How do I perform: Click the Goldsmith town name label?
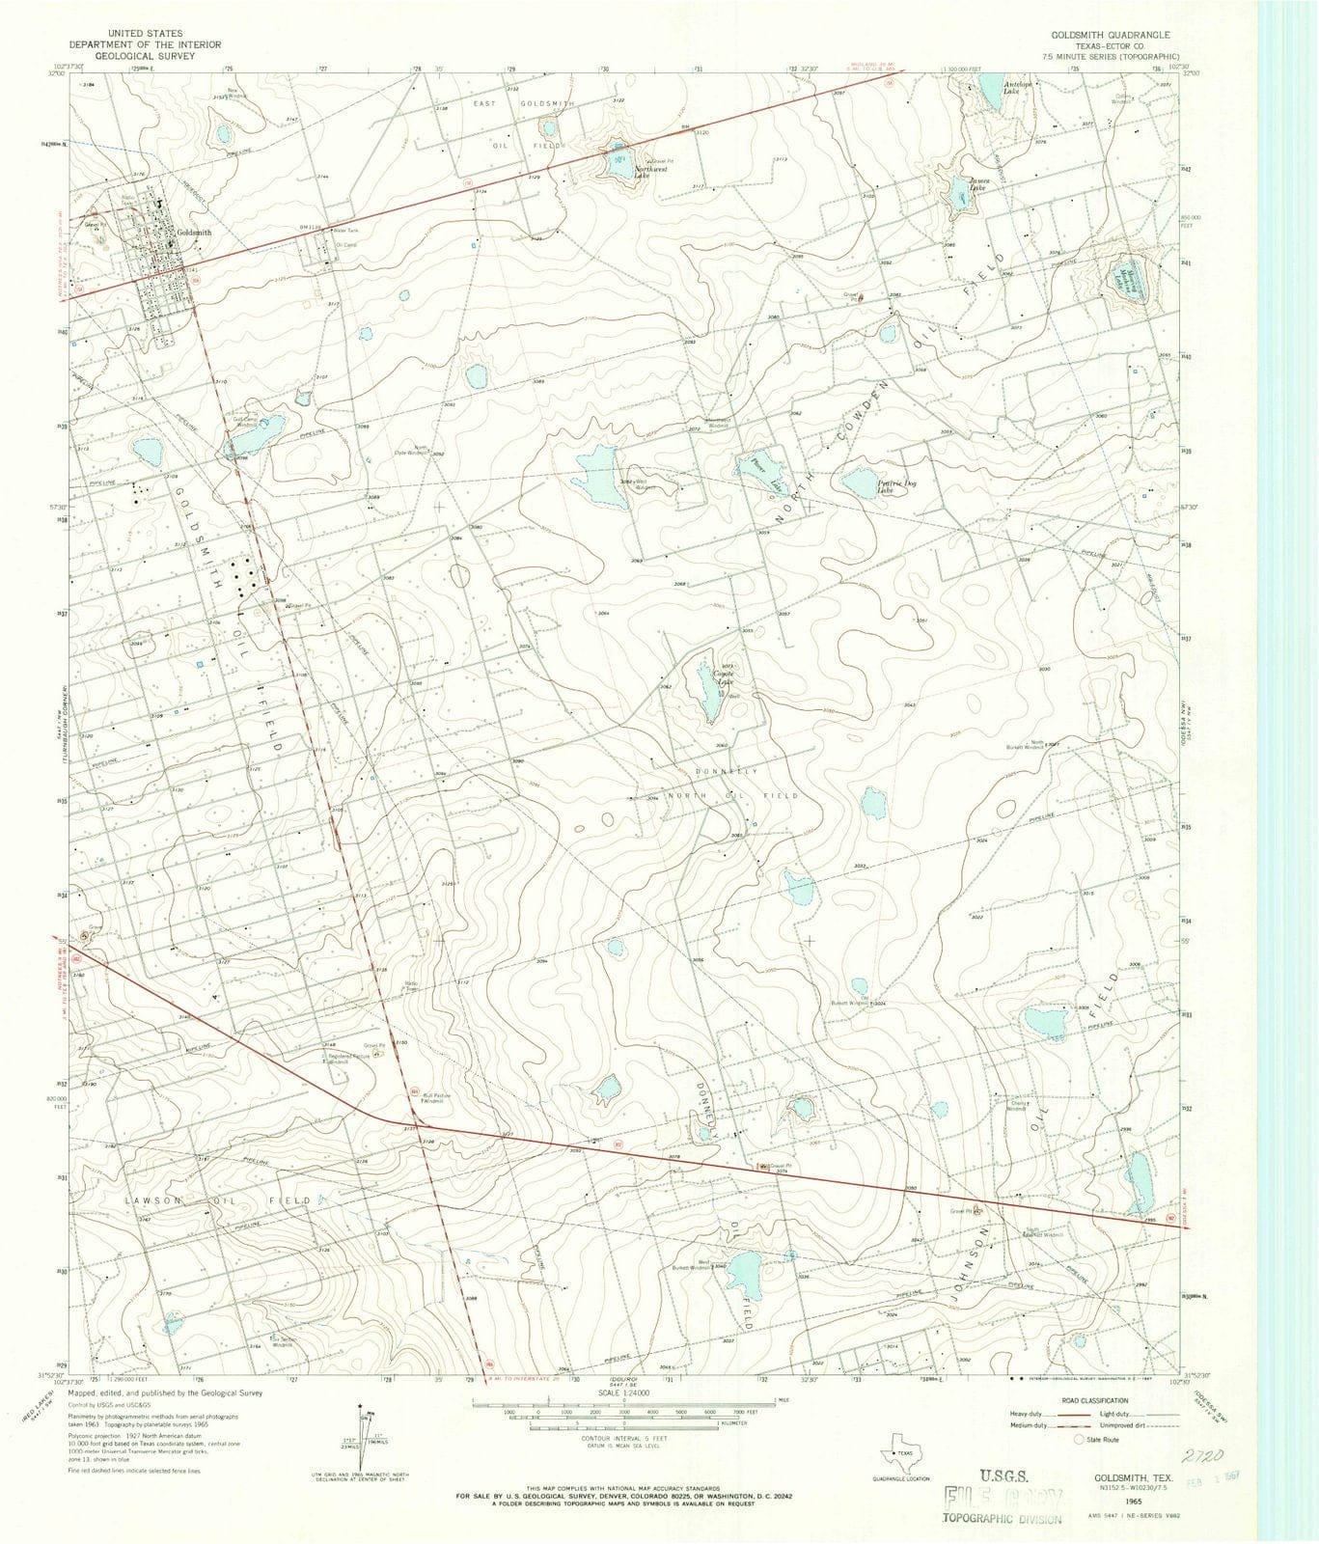[194, 233]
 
